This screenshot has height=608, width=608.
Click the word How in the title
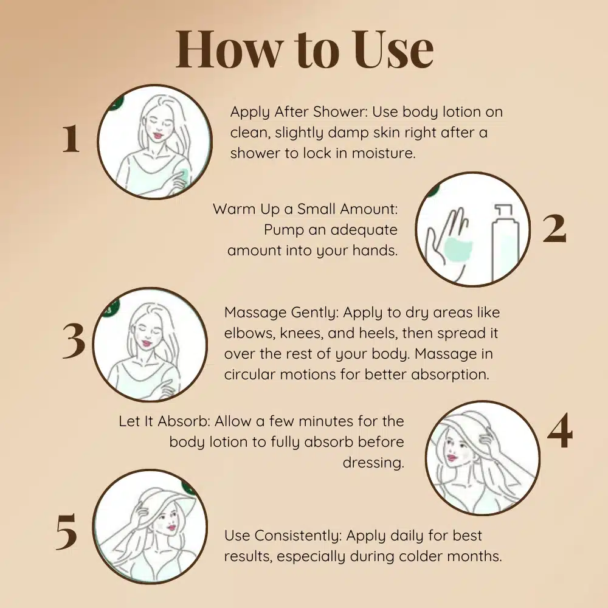pyautogui.click(x=229, y=49)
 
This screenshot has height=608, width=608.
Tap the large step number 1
pyautogui.click(x=71, y=139)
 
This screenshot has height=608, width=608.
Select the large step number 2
pyautogui.click(x=554, y=229)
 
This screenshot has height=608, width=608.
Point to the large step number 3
pyautogui.click(x=74, y=341)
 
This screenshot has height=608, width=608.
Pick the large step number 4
pyautogui.click(x=560, y=431)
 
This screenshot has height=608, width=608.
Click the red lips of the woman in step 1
pyautogui.click(x=156, y=136)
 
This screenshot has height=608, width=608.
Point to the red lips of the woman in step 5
pyautogui.click(x=171, y=527)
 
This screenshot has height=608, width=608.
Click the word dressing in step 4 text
pyautogui.click(x=373, y=463)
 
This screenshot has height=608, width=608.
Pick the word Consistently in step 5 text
pyautogui.click(x=298, y=536)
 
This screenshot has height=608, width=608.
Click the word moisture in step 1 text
pyautogui.click(x=384, y=153)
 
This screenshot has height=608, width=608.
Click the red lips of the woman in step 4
pyautogui.click(x=452, y=458)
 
